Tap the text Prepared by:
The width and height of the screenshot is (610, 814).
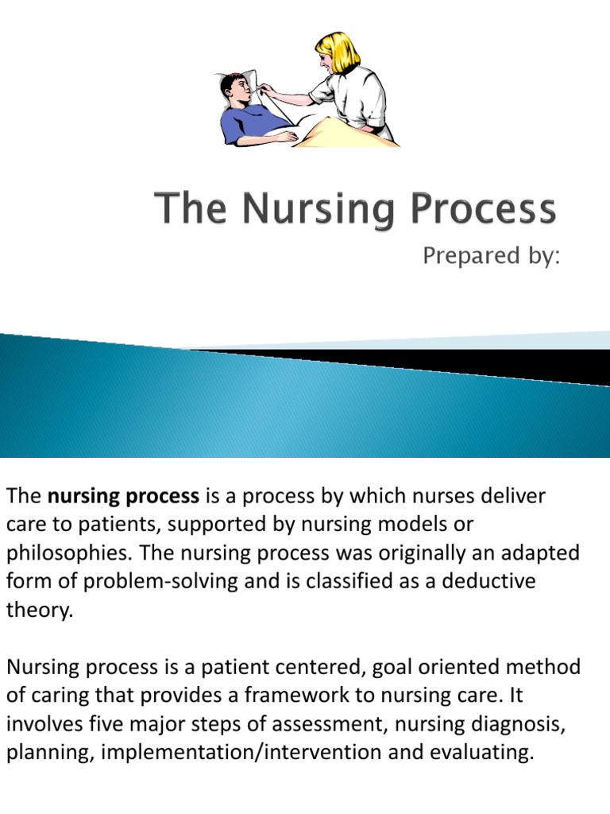tap(491, 257)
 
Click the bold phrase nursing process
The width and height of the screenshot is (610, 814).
tap(123, 497)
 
